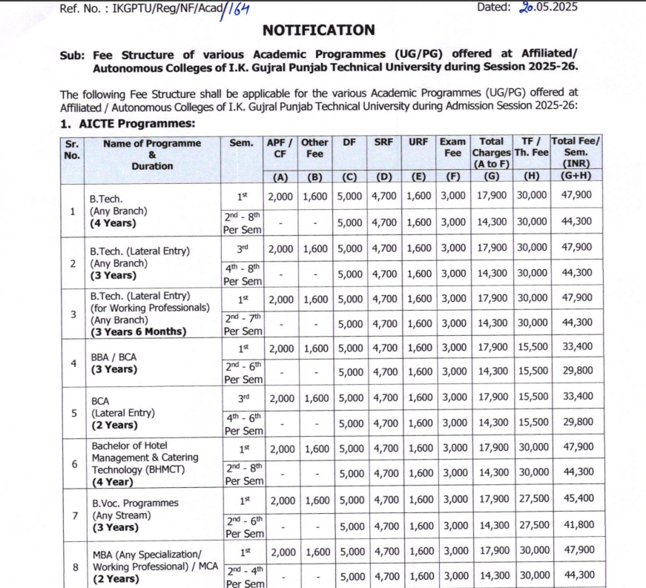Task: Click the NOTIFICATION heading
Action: [318, 30]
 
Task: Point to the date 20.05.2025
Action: [548, 7]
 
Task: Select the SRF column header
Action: [383, 142]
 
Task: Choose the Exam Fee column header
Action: [452, 148]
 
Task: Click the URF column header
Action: [418, 142]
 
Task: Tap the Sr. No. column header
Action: [72, 148]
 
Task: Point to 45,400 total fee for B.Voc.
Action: [578, 499]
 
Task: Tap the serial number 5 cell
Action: [73, 413]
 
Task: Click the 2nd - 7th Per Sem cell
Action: [243, 325]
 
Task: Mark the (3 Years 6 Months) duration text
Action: [138, 331]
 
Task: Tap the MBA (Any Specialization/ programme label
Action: [145, 555]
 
